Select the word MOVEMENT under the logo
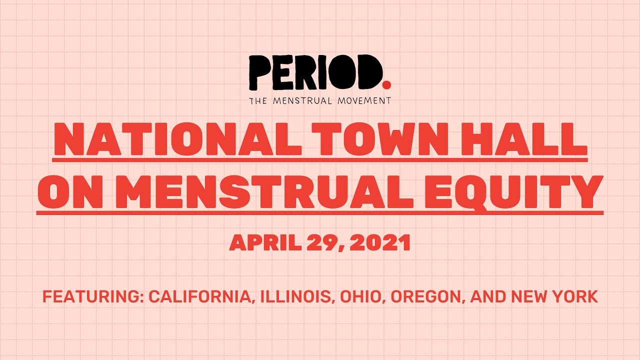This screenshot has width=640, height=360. click(363, 100)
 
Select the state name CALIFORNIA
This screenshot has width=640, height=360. click(199, 297)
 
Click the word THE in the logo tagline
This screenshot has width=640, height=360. click(259, 100)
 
